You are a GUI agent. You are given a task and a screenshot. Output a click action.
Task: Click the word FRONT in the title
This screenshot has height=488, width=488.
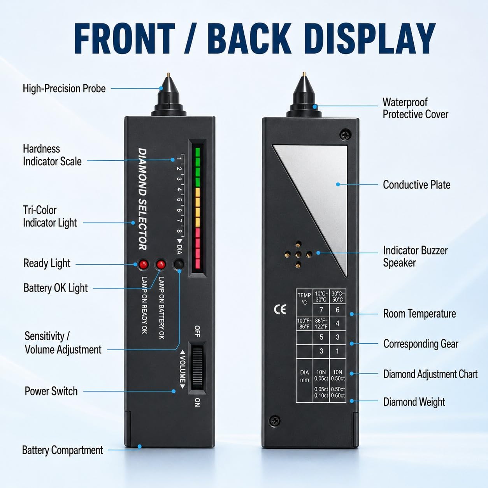click(125, 38)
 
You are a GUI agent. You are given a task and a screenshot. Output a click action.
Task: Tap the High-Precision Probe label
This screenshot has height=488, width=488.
click(64, 89)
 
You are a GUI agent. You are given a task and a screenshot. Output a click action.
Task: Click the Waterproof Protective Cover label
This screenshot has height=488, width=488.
click(415, 108)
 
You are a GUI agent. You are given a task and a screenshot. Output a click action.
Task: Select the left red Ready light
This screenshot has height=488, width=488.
click(143, 265)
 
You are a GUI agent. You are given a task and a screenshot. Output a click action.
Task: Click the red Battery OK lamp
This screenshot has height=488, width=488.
click(161, 265)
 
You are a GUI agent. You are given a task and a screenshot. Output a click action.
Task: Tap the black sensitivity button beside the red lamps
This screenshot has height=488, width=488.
click(179, 264)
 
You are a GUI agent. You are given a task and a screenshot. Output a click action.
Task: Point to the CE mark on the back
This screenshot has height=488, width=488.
click(280, 309)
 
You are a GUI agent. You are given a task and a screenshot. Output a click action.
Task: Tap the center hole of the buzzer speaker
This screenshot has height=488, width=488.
click(298, 254)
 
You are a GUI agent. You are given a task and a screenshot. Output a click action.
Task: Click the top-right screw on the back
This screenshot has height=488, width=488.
click(346, 135)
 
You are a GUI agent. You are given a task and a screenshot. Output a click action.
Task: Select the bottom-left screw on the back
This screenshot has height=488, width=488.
click(274, 421)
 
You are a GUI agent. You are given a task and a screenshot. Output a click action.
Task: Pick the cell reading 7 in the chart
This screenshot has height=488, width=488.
click(321, 310)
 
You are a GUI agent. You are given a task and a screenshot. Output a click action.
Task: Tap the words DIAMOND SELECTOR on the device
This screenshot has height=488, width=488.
click(142, 199)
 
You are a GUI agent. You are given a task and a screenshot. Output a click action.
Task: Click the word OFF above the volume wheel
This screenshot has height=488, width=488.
click(197, 331)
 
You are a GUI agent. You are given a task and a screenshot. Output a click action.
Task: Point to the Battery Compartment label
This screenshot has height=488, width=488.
click(63, 450)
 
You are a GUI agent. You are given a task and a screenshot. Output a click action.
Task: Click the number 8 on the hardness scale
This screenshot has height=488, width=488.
click(179, 231)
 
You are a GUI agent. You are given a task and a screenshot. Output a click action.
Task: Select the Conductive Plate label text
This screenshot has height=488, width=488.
click(416, 185)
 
